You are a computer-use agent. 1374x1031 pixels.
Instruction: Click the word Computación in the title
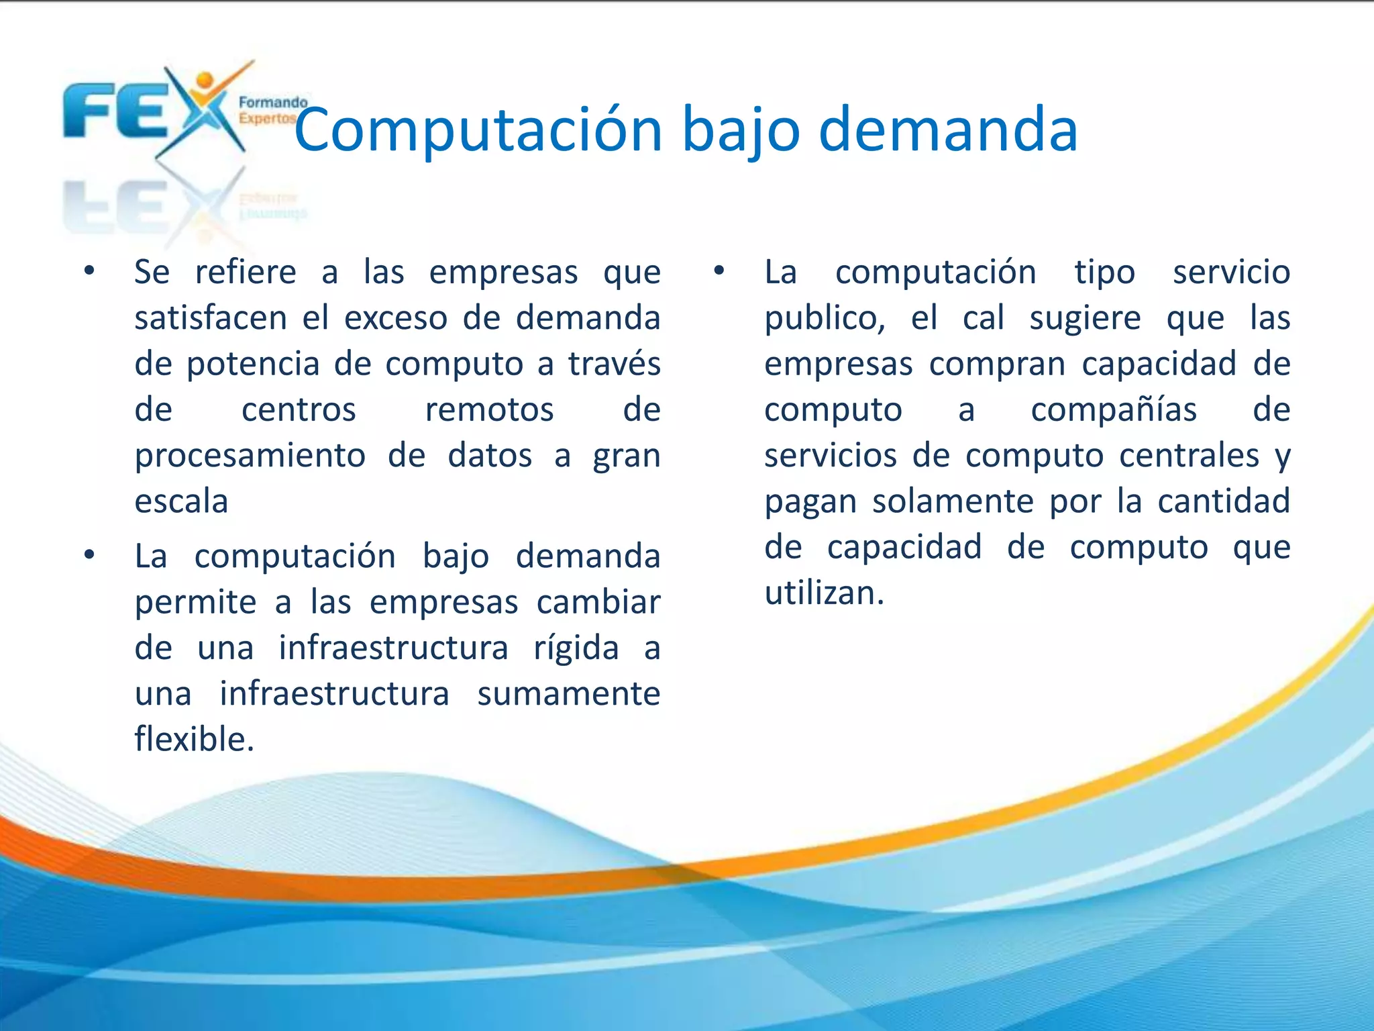coord(478,130)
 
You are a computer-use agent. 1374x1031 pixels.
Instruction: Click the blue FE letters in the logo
coord(114,111)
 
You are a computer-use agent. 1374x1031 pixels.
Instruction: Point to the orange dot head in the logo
coord(205,81)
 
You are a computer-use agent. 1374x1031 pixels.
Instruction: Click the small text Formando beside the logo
coord(272,103)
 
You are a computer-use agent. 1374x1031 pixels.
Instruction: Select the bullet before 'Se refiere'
coord(89,271)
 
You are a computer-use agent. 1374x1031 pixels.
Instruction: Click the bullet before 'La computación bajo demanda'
coord(89,555)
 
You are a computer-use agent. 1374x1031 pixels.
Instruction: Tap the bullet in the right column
coord(719,271)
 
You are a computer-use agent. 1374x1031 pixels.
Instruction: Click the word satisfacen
coord(211,317)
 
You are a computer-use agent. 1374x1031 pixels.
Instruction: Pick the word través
coord(614,364)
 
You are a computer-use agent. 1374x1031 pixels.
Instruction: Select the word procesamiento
coord(250,456)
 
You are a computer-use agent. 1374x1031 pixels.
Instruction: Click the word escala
coord(181,501)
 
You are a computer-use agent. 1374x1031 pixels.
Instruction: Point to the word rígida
coord(576,648)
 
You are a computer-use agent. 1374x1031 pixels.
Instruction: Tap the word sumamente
coord(568,693)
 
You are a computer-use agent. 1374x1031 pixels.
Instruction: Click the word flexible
coord(193,739)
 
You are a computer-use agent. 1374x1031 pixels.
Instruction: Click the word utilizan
coord(824,593)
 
